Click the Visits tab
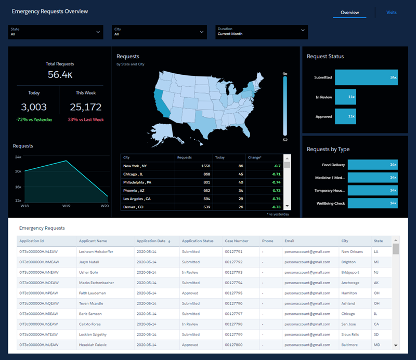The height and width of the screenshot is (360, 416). [392, 12]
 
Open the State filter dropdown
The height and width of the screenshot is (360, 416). [55, 32]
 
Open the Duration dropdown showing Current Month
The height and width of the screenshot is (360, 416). [262, 32]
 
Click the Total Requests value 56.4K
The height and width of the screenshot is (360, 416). [60, 75]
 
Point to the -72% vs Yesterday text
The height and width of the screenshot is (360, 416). [34, 119]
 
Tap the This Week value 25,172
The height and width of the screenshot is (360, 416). [85, 108]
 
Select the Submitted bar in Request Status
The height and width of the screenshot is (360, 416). [366, 77]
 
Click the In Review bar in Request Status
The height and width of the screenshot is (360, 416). [345, 97]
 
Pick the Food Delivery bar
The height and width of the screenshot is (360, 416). [372, 165]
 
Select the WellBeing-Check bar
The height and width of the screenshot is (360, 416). [372, 203]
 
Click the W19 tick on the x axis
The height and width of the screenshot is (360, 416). [66, 206]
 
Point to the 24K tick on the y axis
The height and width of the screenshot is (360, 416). [18, 156]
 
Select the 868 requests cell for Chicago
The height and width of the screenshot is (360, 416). [192, 174]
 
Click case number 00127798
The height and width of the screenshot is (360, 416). [233, 324]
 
